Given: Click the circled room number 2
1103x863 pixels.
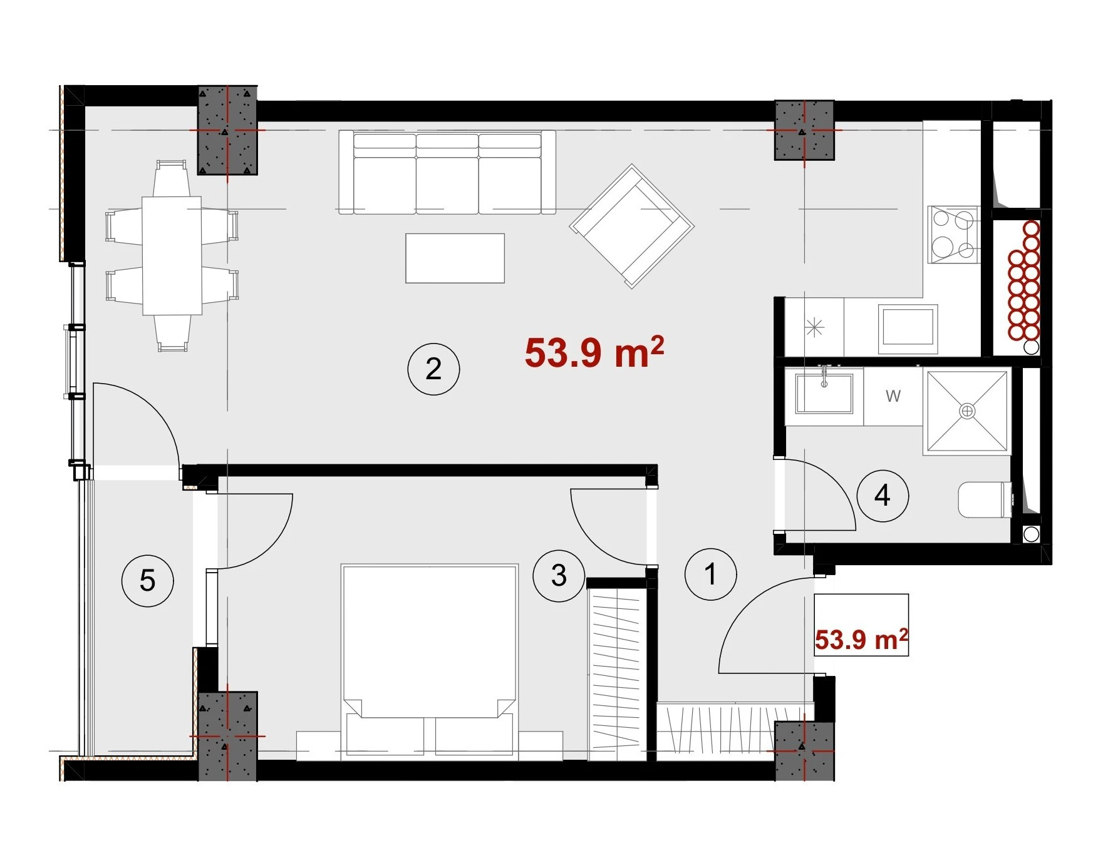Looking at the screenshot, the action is pos(433,369).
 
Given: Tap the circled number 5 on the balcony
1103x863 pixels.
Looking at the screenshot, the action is pos(147,580).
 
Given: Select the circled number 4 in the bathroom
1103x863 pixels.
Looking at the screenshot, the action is pos(883,495).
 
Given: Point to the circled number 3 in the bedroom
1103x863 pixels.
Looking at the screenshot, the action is pos(559,575).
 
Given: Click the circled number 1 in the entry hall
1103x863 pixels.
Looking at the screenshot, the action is pos(710,574).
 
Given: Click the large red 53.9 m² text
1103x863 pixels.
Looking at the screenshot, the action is pos(594,352).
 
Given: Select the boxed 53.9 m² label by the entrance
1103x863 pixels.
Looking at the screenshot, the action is pos(861,640).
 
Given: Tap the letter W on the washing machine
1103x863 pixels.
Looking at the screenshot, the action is pos(893,396).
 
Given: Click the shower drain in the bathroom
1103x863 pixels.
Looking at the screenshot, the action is pos(968,411).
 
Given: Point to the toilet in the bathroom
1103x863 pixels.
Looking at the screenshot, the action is pos(985,500).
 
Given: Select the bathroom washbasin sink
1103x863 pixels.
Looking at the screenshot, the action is pos(824,394).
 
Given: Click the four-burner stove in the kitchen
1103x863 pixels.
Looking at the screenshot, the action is pos(953,235).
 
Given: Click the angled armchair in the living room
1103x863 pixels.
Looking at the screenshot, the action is pos(631,226).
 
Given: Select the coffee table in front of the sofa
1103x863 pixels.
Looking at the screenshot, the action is pos(455,258).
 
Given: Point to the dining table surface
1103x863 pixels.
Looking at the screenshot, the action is pos(172,255).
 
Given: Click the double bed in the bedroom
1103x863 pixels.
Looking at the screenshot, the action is pos(430,662).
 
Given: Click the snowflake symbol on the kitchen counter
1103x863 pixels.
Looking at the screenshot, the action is pos(814,327).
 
